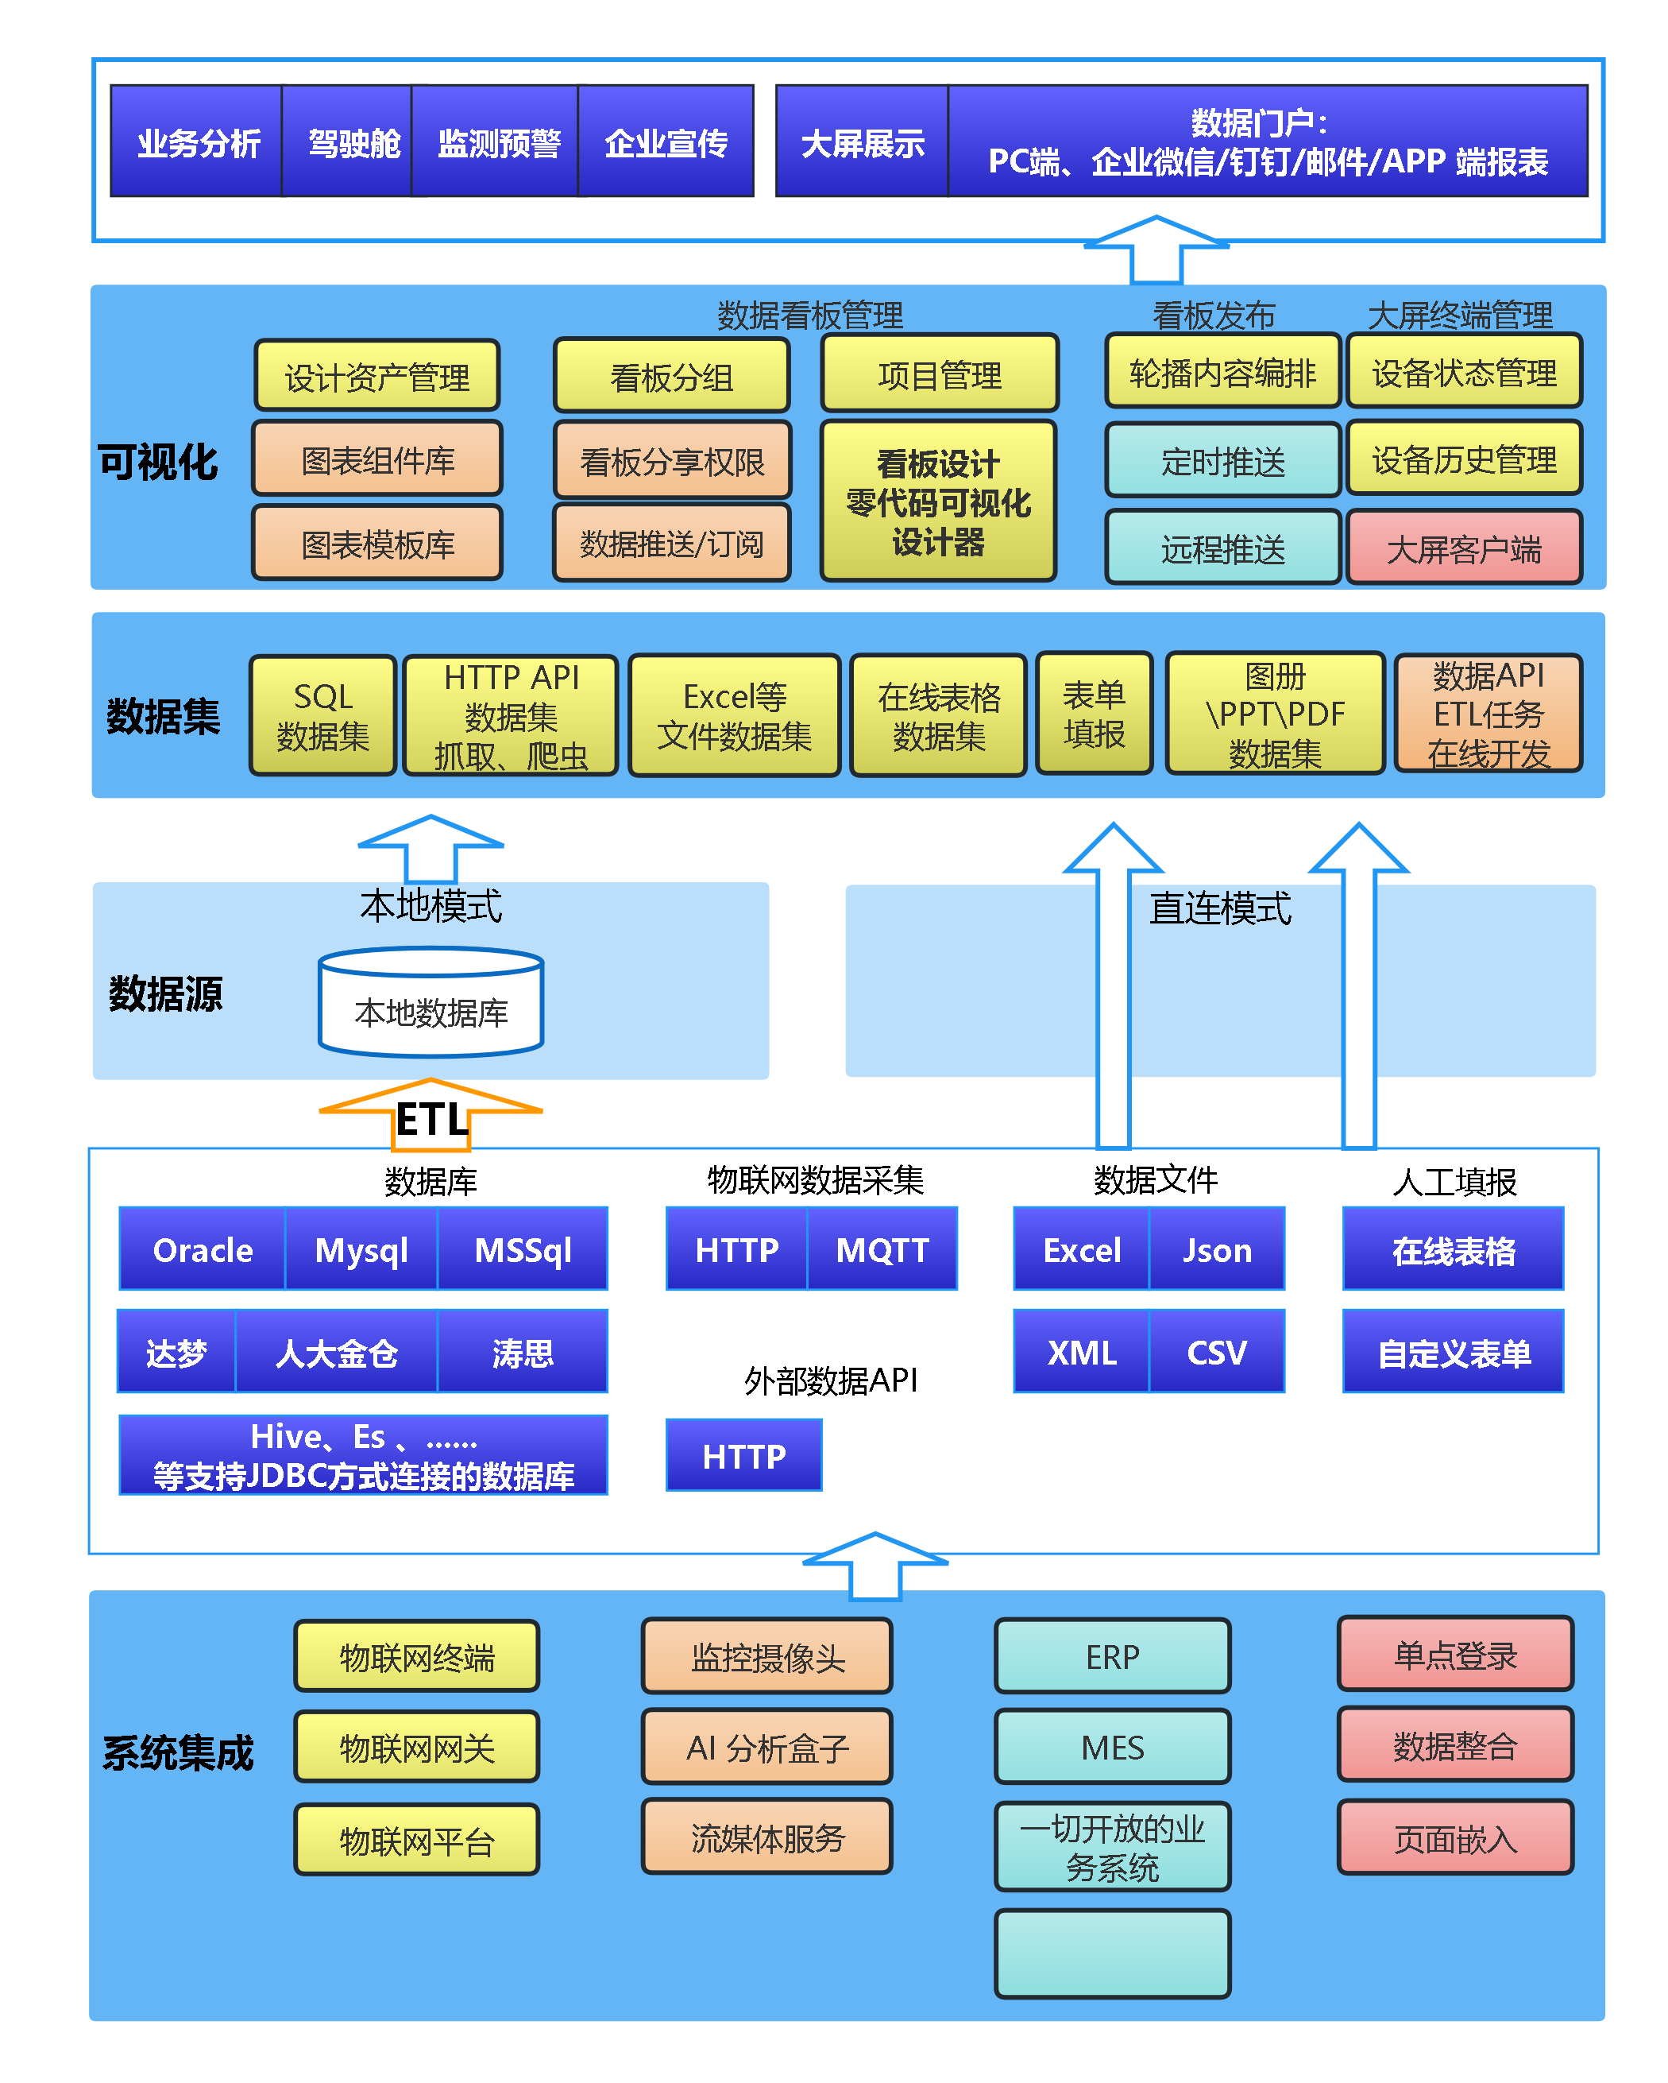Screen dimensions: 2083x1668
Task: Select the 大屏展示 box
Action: [862, 142]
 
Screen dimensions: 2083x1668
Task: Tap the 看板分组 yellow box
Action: [671, 376]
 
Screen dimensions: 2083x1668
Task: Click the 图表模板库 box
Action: [377, 544]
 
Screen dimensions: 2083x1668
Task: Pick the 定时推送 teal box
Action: [1222, 461]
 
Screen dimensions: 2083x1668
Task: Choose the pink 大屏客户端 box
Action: [1463, 549]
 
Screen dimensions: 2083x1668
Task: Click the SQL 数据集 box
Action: [322, 716]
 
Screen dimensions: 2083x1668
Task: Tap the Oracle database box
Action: [203, 1249]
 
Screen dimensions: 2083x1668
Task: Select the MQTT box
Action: [882, 1249]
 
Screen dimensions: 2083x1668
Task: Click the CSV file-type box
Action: [1216, 1352]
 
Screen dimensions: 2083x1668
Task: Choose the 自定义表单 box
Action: [1453, 1352]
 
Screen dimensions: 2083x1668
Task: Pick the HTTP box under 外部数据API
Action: [743, 1455]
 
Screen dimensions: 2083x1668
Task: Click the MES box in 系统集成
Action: [1112, 1747]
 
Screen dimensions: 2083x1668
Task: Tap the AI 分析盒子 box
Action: [766, 1747]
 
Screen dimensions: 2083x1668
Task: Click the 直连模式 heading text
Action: [1219, 908]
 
